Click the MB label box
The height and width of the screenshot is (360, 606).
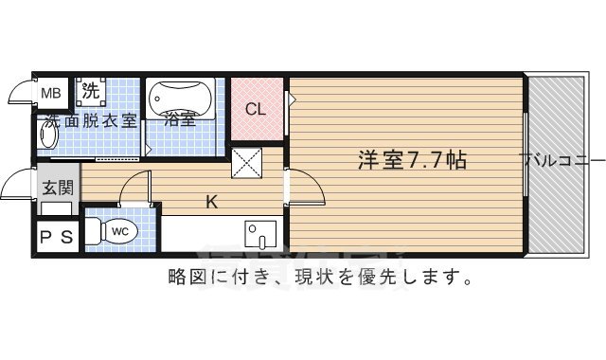click(x=52, y=93)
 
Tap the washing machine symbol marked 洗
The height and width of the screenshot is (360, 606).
click(x=90, y=92)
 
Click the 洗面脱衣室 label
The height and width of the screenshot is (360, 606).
click(x=92, y=120)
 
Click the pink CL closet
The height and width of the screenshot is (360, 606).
click(x=257, y=108)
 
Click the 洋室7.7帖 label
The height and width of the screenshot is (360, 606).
click(x=411, y=159)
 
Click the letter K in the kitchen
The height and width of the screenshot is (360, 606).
click(x=213, y=200)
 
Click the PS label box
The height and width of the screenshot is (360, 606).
click(x=56, y=238)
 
